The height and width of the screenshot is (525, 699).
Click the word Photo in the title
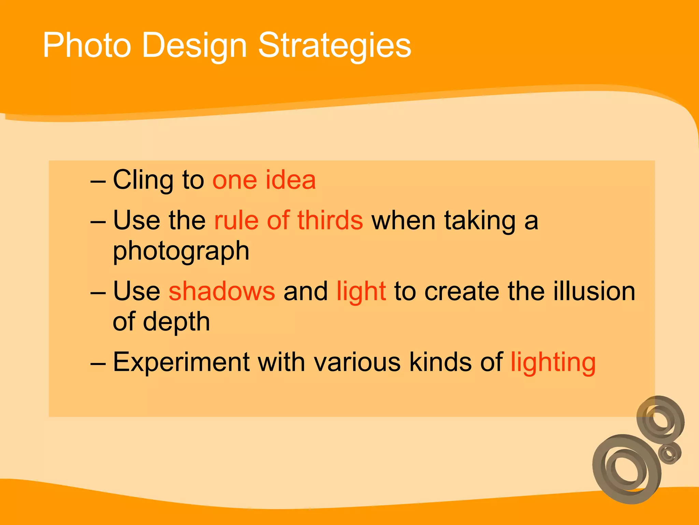click(87, 45)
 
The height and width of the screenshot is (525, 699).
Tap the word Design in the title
click(194, 45)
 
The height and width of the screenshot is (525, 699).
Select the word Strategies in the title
click(334, 45)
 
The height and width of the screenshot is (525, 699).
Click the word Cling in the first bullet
click(143, 180)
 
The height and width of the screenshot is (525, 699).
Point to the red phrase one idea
click(264, 180)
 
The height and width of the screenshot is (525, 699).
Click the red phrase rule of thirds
click(288, 220)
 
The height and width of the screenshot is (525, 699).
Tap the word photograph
click(181, 251)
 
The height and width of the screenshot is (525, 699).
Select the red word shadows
click(222, 291)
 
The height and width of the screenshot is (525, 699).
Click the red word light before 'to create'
click(361, 291)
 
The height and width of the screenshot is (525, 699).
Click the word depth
click(176, 322)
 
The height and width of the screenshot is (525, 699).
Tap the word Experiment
click(181, 362)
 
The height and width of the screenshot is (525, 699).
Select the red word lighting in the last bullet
click(553, 362)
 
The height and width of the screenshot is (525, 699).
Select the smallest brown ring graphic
click(670, 453)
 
